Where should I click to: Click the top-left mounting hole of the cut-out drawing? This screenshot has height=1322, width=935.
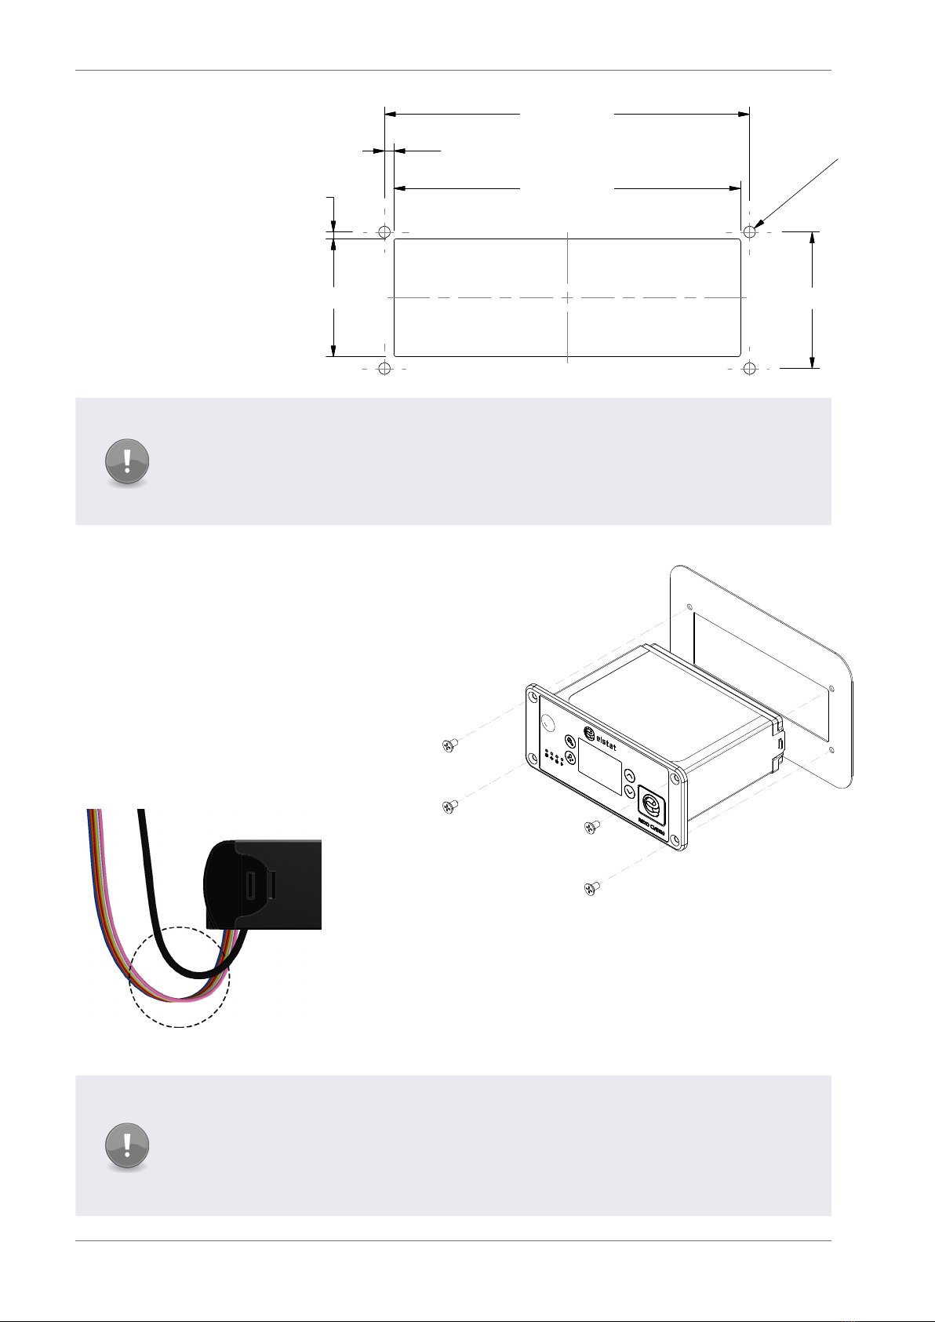point(384,232)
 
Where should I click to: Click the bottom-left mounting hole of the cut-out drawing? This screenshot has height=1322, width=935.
point(384,368)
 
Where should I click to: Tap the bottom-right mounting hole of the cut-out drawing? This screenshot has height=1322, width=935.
point(750,368)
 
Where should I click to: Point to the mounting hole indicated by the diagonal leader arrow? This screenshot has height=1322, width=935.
point(750,232)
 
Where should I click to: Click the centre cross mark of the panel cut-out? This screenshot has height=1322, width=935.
point(566,298)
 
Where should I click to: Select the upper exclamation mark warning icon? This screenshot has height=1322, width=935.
point(127,461)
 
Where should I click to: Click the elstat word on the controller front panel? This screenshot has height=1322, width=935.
point(602,740)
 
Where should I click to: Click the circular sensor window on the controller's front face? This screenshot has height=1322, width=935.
point(549,723)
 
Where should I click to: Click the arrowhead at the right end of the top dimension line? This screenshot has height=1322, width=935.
point(744,114)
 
